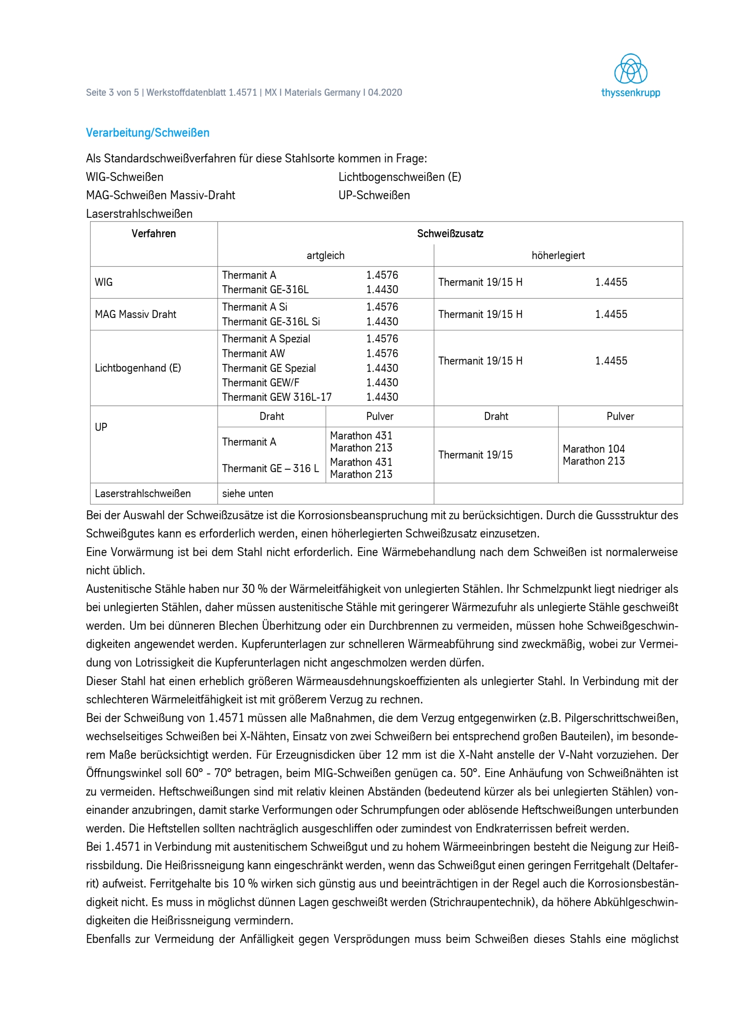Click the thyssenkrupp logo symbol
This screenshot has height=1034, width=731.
pos(630,69)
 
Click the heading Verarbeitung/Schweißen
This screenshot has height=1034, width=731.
pos(148,133)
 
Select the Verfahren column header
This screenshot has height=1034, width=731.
pos(153,233)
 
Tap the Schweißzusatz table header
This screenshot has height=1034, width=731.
pos(450,233)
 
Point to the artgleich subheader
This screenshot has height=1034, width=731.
pos(325,255)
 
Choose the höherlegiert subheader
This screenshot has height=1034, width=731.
pos(558,255)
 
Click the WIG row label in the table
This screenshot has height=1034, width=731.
pos(104,282)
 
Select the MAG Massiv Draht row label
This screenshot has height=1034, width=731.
pos(135,314)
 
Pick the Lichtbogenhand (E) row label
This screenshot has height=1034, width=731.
pos(138,368)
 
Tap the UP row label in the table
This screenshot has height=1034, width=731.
pos(101,427)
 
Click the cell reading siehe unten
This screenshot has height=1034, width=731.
pos(247,494)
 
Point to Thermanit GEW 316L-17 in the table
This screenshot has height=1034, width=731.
pos(277,397)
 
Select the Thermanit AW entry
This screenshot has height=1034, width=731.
pos(253,353)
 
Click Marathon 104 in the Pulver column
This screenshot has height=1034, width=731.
pos(593,449)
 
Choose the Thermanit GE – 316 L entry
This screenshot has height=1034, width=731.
pos(270,469)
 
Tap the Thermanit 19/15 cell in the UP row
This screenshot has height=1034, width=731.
pos(475,455)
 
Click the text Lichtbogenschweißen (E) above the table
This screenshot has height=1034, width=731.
pos(399,177)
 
